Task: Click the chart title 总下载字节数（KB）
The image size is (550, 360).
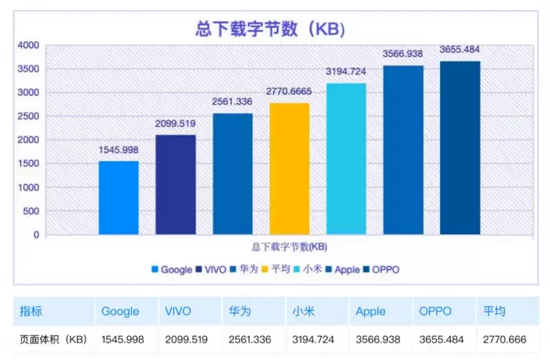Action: tap(271, 29)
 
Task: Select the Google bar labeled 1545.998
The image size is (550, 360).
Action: tap(119, 198)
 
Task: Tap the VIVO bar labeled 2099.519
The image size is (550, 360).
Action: tap(175, 185)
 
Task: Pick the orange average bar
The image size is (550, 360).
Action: tap(289, 169)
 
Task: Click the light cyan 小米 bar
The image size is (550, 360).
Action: tap(346, 159)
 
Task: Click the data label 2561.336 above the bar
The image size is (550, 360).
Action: tap(232, 101)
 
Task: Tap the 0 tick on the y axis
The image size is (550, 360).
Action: tap(35, 235)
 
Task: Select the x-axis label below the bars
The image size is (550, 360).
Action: tap(289, 247)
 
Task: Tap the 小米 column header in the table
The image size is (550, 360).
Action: tap(301, 312)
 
